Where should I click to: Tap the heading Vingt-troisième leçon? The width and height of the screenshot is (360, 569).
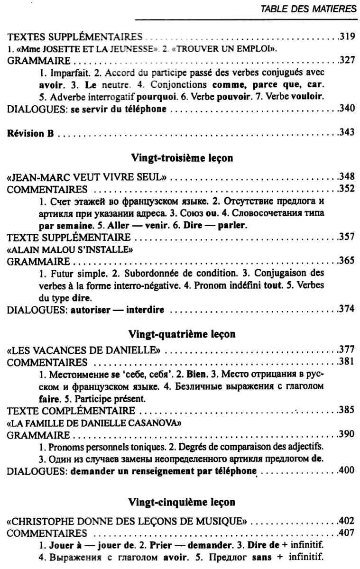181,158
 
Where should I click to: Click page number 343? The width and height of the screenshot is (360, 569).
348,133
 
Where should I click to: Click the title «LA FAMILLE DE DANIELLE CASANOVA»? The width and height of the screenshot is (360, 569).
95,422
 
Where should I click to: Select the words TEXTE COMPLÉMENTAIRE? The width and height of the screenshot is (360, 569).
72,410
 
